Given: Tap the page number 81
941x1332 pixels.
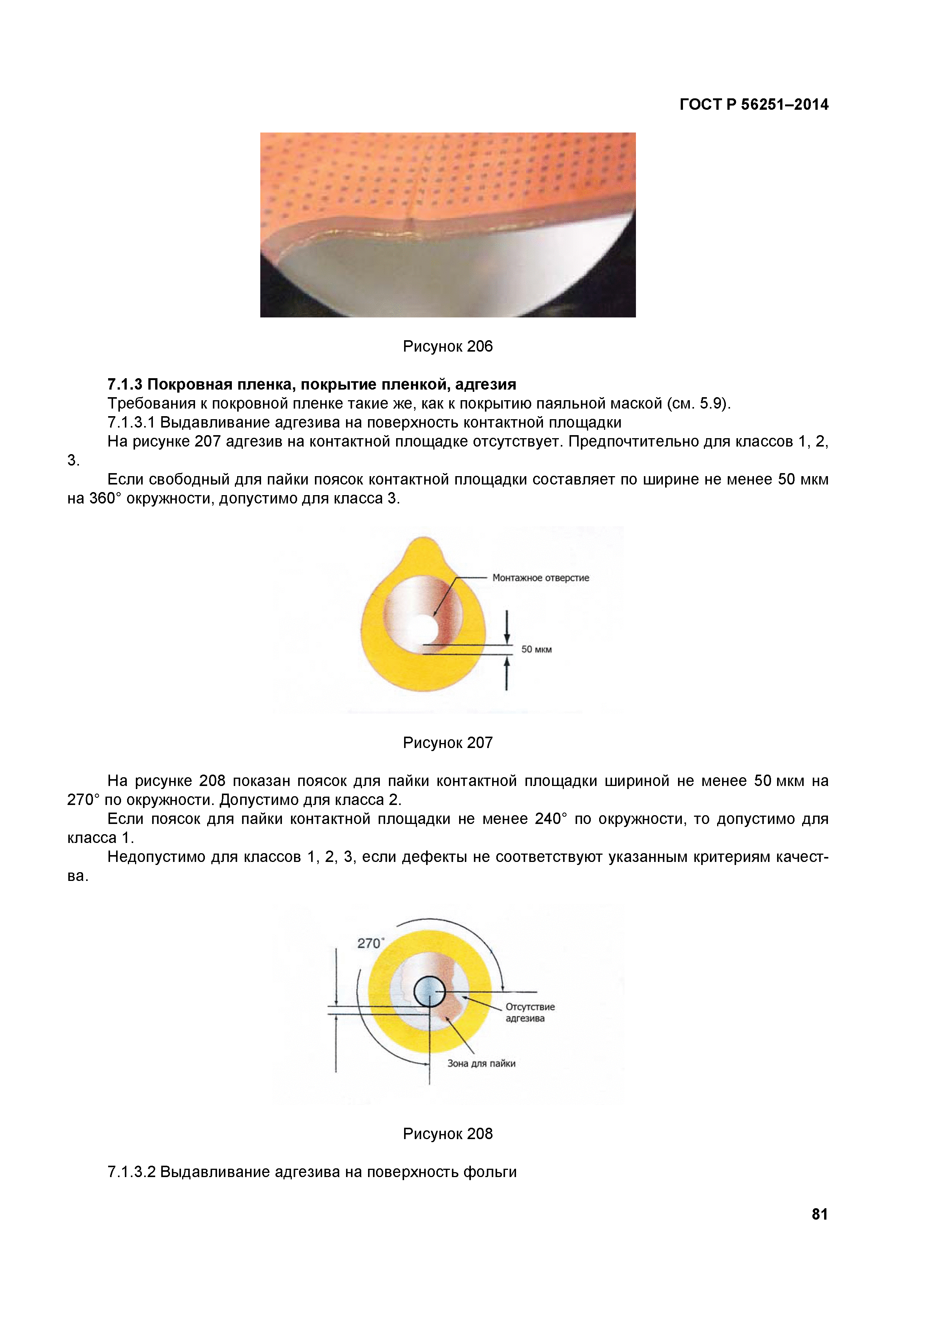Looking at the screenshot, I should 819,1214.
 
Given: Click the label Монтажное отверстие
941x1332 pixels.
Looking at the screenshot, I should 540,578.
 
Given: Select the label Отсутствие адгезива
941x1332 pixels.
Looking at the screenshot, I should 529,1012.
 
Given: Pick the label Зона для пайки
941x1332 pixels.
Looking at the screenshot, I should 481,1064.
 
